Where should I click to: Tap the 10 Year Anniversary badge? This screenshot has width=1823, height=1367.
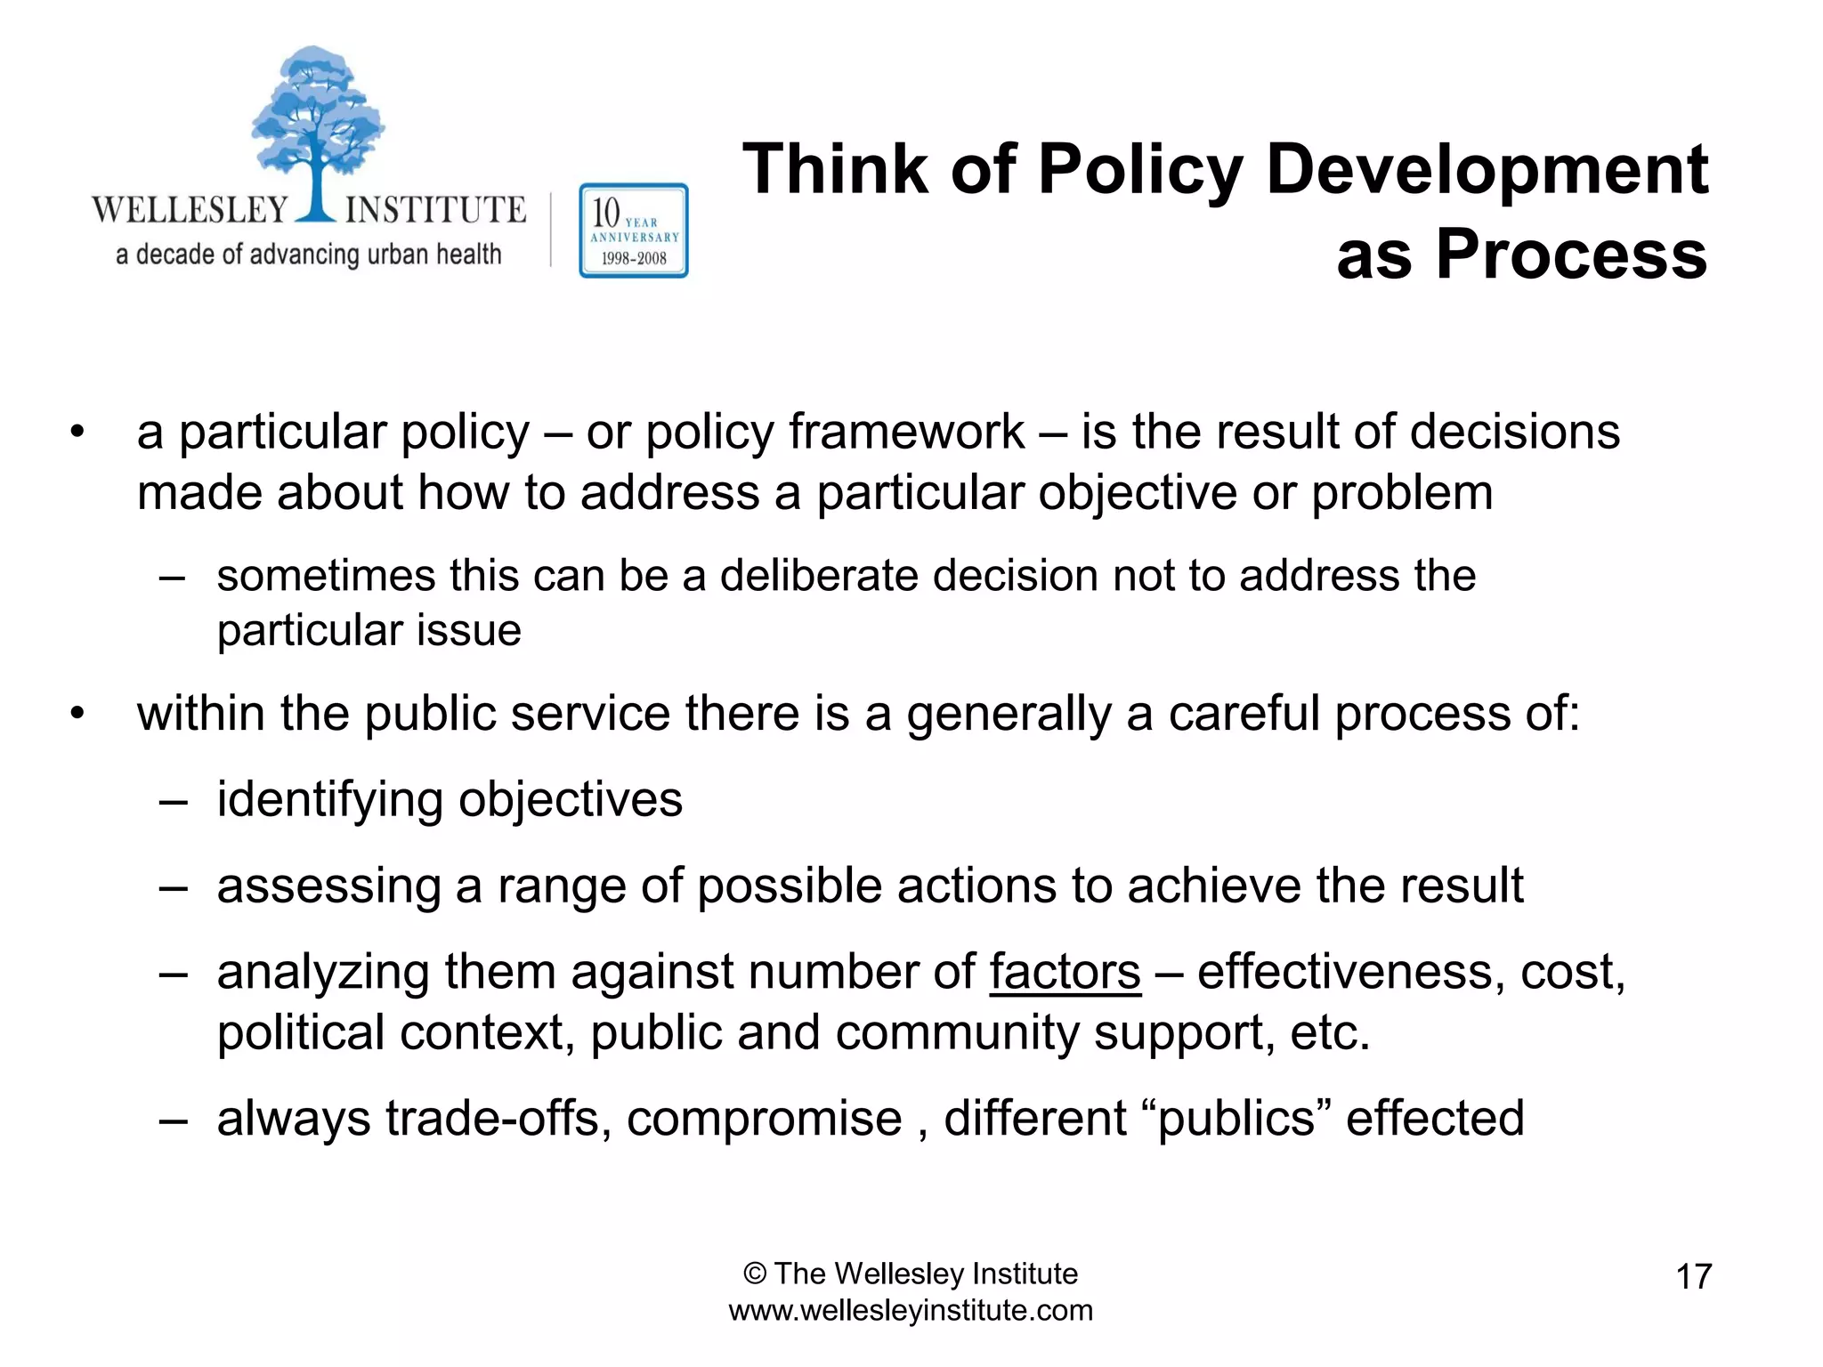633,231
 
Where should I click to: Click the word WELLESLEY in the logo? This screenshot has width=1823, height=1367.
190,210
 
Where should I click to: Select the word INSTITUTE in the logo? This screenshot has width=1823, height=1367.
435,210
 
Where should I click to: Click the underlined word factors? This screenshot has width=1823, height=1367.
1065,971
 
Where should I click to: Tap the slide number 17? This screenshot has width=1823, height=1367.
1693,1276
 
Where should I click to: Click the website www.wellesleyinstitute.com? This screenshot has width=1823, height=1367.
911,1310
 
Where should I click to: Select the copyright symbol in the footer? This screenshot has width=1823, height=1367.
755,1274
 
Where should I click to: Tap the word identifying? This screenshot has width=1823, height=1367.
329,800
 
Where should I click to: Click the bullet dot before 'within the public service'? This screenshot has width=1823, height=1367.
78,714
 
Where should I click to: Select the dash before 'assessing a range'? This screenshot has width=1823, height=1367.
173,886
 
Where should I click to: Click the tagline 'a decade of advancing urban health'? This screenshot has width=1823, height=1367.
308,255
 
